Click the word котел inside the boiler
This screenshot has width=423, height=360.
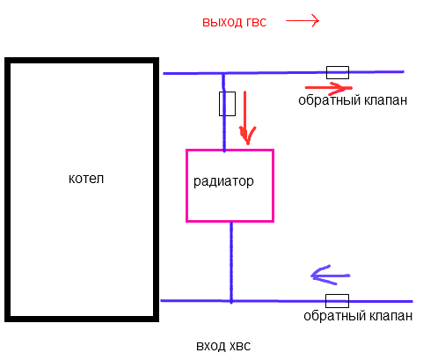tap(86, 178)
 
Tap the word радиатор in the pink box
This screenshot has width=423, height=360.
tap(223, 181)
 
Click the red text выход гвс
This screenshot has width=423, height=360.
tap(234, 22)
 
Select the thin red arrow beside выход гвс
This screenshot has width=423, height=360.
tap(303, 21)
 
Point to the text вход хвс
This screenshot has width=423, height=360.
tap(223, 346)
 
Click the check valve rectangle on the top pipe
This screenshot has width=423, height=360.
tap(338, 72)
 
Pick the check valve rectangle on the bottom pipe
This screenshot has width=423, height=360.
tap(337, 301)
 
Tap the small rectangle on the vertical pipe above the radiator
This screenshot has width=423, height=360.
tap(227, 104)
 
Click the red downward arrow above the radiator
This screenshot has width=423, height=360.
tap(246, 118)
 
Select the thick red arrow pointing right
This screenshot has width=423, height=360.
tap(328, 87)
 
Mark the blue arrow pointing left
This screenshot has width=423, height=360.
tap(331, 276)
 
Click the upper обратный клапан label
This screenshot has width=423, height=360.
tap(353, 100)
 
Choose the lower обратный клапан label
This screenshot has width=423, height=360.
tap(358, 316)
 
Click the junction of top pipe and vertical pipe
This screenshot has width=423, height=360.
tap(223, 73)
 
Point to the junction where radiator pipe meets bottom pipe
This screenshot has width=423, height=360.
tap(231, 301)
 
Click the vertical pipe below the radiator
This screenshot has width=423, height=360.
tap(231, 261)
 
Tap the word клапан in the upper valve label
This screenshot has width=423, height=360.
tap(386, 100)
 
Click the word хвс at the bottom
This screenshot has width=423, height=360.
tap(240, 346)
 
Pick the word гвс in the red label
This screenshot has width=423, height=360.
tap(256, 23)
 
